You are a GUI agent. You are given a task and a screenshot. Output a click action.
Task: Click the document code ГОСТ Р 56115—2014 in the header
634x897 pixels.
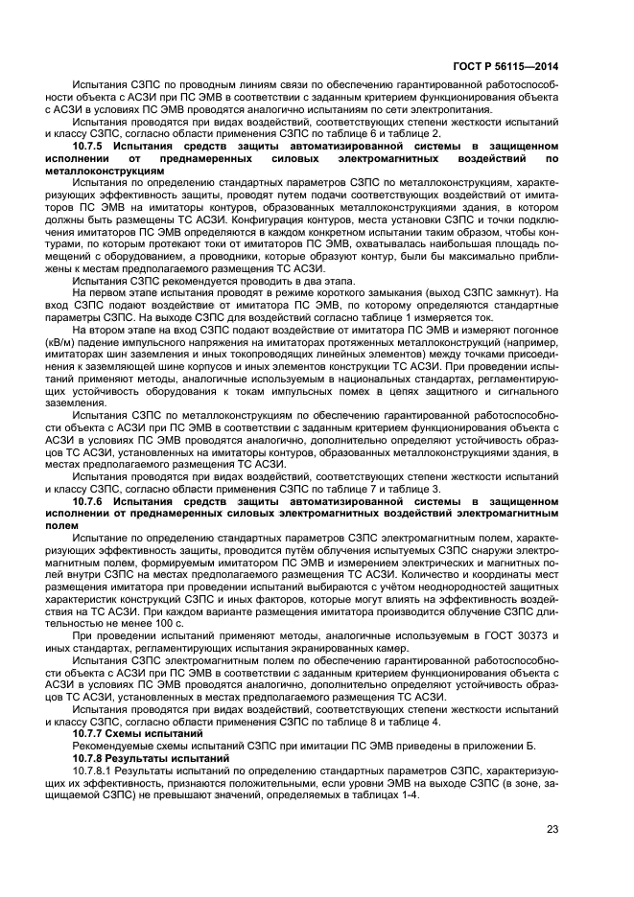[507, 66]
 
